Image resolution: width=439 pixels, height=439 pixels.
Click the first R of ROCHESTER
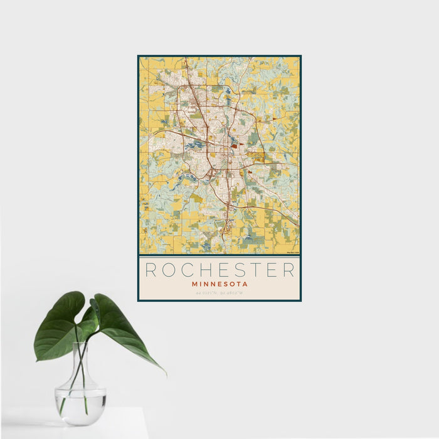pyautogui.click(x=151, y=270)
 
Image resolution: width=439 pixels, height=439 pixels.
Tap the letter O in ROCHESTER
pyautogui.click(x=170, y=270)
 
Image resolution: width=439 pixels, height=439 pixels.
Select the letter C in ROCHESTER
pyautogui.click(x=189, y=270)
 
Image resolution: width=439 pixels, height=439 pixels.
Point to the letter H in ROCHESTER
pyautogui.click(x=208, y=270)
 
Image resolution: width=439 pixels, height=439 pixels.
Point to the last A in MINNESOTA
pyautogui.click(x=245, y=284)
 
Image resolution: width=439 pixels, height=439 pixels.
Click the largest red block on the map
pyautogui.click(x=234, y=146)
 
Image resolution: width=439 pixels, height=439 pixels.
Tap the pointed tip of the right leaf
pyautogui.click(x=165, y=373)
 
